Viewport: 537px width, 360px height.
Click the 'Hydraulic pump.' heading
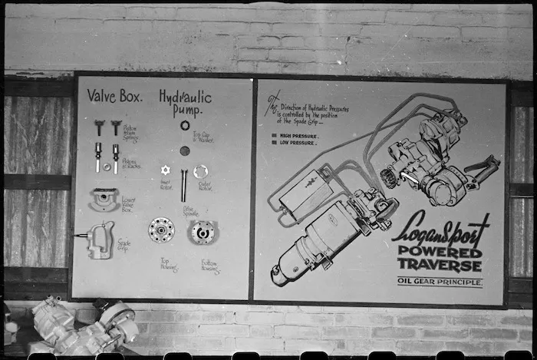pyautogui.click(x=184, y=104)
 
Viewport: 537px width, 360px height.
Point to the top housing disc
pyautogui.click(x=161, y=230)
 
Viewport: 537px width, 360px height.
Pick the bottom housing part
pyautogui.click(x=203, y=232)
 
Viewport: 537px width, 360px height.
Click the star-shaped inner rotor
pyautogui.click(x=163, y=170)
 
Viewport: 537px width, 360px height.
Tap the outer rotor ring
pyautogui.click(x=200, y=172)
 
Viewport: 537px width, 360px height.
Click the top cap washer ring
pyautogui.click(x=185, y=125)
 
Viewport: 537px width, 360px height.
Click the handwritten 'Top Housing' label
pyautogui.click(x=169, y=264)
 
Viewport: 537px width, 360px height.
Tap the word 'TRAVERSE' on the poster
pyautogui.click(x=440, y=266)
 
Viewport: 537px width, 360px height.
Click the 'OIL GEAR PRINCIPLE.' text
pyautogui.click(x=440, y=282)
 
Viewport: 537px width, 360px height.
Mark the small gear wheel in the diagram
pyautogui.click(x=389, y=177)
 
